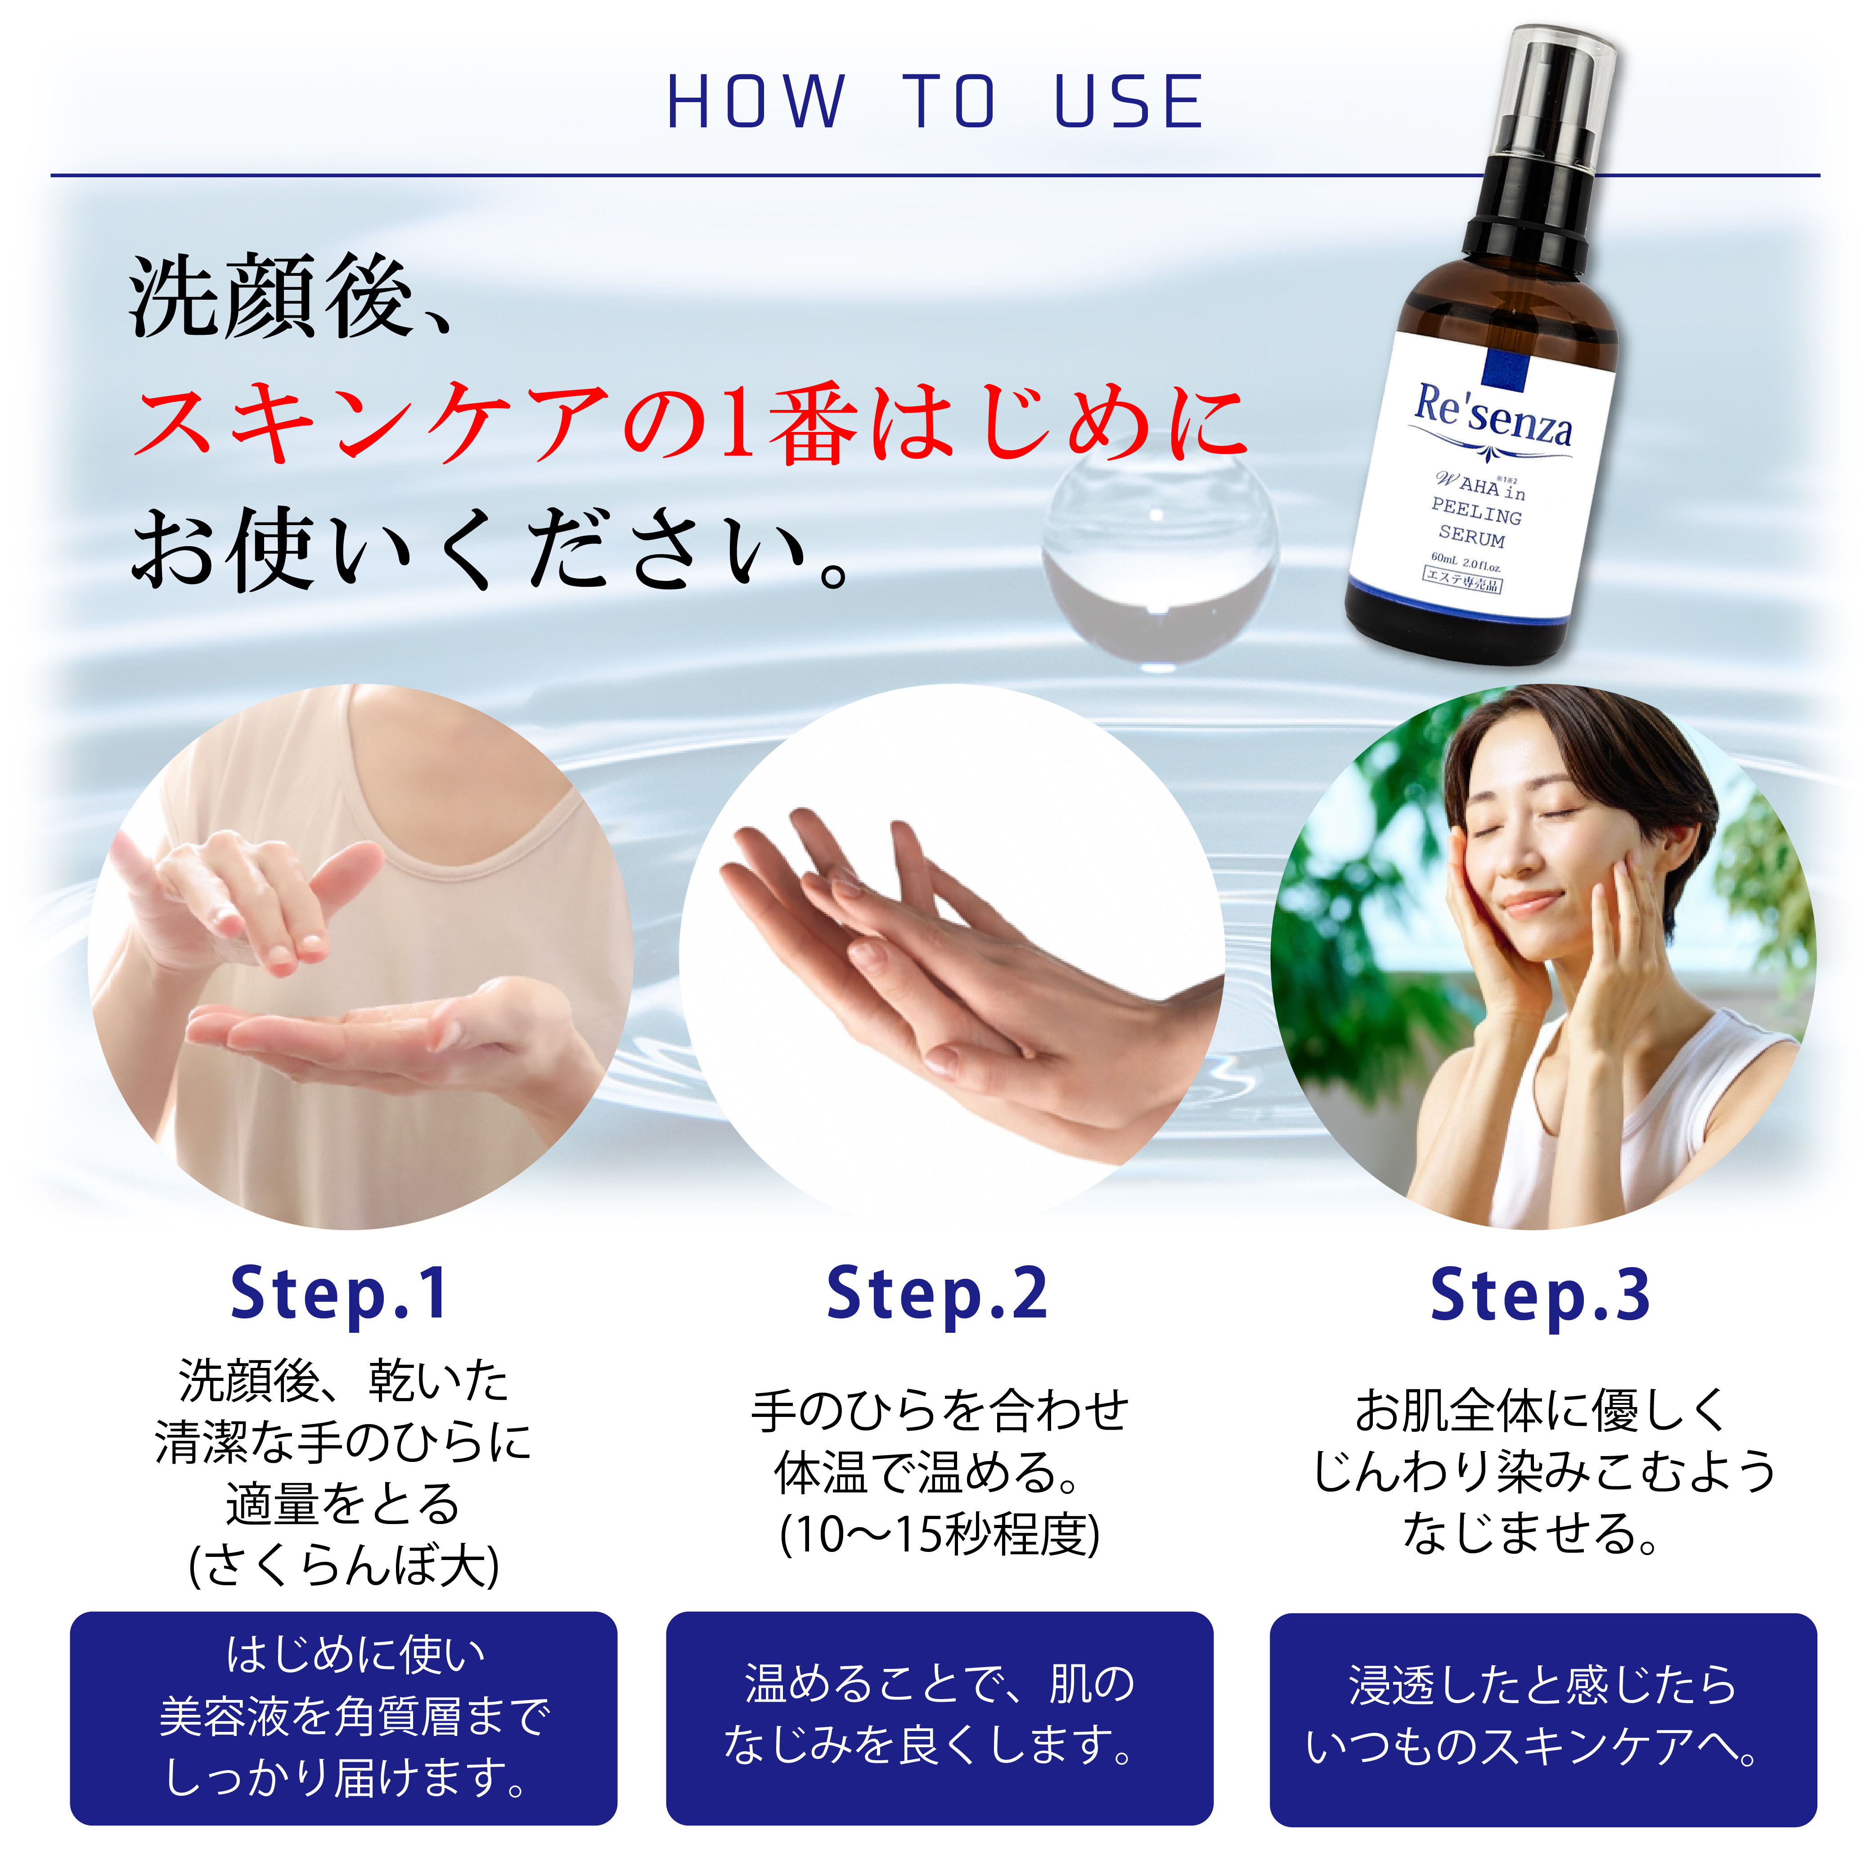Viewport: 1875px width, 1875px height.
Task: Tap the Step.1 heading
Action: [x=340, y=1295]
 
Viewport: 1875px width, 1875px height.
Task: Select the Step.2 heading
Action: [x=938, y=1295]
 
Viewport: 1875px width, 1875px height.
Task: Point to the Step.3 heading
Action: [x=1540, y=1295]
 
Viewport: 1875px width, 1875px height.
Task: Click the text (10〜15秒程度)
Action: [x=940, y=1534]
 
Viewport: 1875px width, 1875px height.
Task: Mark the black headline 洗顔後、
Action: [x=291, y=296]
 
